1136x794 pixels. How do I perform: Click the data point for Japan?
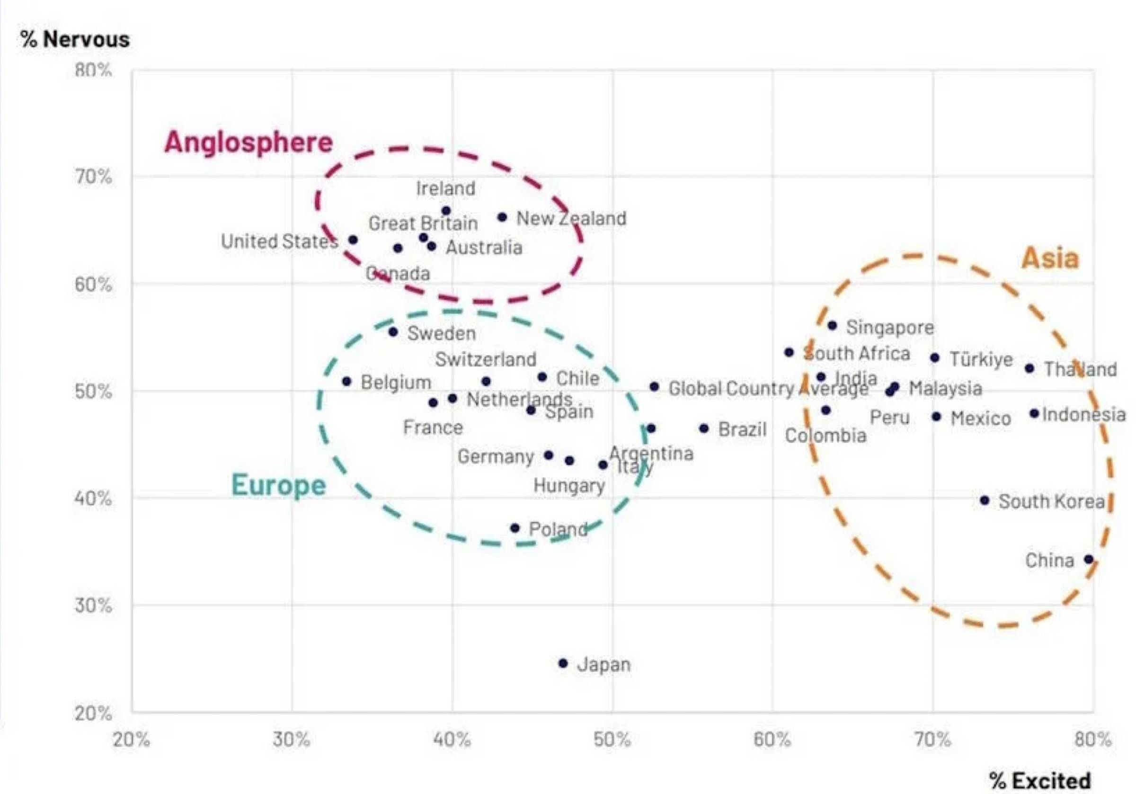[563, 663]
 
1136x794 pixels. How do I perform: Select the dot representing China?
[1089, 559]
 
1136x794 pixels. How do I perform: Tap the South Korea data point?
[985, 500]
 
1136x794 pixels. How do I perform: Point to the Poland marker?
[515, 528]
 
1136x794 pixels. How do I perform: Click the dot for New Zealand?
[502, 217]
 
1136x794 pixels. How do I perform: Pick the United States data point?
[353, 240]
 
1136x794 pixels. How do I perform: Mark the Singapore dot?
[832, 326]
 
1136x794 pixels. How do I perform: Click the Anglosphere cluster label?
[248, 142]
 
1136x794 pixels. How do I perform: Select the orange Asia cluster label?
[1050, 258]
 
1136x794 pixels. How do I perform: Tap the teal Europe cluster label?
[279, 485]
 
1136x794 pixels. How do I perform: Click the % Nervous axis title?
[75, 39]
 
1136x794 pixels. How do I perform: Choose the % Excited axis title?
[1040, 781]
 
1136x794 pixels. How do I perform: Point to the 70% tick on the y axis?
[93, 176]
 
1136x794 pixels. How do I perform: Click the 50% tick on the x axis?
[612, 740]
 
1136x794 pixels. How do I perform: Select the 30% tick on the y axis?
[93, 606]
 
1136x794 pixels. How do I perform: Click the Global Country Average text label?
[768, 389]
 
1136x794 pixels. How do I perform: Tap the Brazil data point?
[703, 428]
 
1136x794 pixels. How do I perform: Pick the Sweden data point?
[393, 331]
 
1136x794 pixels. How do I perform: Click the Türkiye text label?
[981, 359]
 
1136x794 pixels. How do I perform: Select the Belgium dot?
[346, 382]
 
